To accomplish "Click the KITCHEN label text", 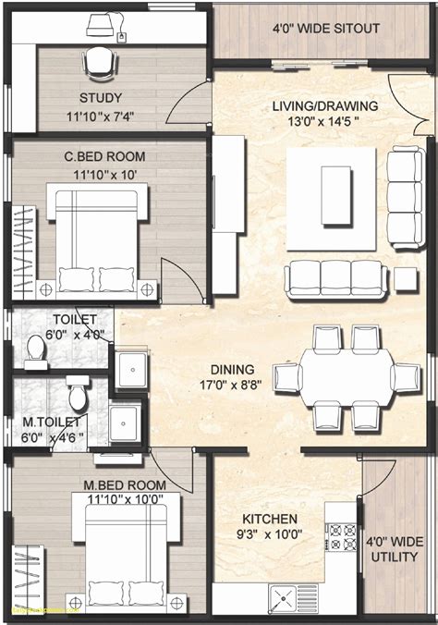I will tap(269, 519).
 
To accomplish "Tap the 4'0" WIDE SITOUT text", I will tap(326, 29).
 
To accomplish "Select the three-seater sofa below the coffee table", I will tap(334, 279).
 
